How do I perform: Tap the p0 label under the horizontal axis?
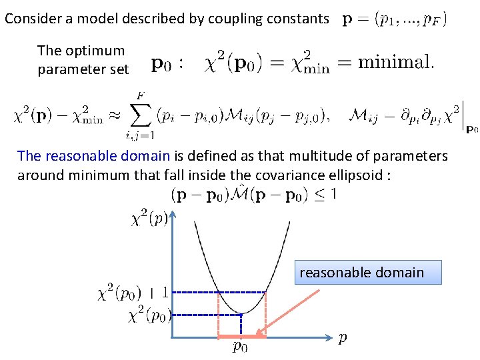tap(241, 346)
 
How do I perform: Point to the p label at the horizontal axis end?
tap(342, 338)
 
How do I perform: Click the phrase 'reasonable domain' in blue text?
tap(95, 156)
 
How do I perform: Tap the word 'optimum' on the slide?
tap(99, 51)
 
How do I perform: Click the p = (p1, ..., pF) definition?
tap(395, 19)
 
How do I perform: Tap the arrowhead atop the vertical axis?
tap(173, 214)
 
